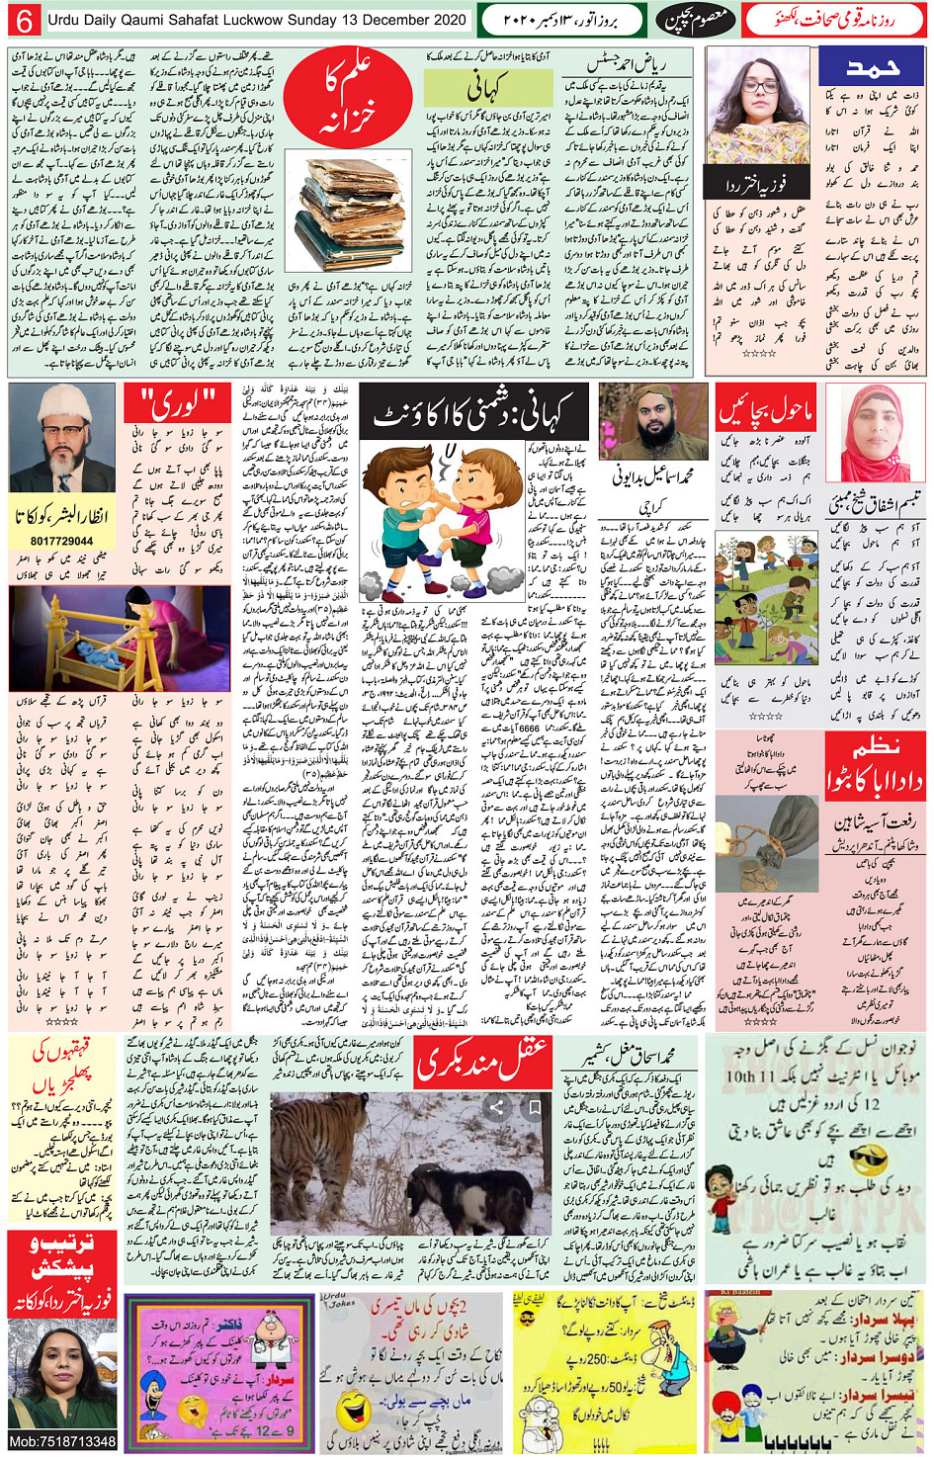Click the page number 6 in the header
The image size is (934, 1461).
coord(24,21)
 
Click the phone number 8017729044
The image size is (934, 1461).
coord(61,541)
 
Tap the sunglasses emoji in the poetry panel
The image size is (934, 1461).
coord(867,1159)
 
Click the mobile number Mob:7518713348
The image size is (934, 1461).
coord(61,1441)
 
